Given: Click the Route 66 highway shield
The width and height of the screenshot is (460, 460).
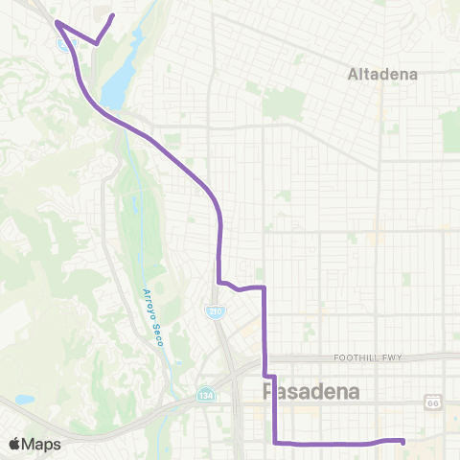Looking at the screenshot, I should (x=432, y=402).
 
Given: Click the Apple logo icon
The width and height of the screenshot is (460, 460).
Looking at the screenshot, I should (x=16, y=444).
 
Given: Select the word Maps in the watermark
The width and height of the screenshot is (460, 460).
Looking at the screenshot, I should (x=42, y=444).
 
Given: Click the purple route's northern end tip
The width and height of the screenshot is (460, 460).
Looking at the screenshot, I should (x=114, y=15).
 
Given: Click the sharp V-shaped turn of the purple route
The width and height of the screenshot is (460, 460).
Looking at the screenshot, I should (x=96, y=43).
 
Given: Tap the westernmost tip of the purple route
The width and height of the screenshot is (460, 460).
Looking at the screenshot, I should (x=56, y=21).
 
